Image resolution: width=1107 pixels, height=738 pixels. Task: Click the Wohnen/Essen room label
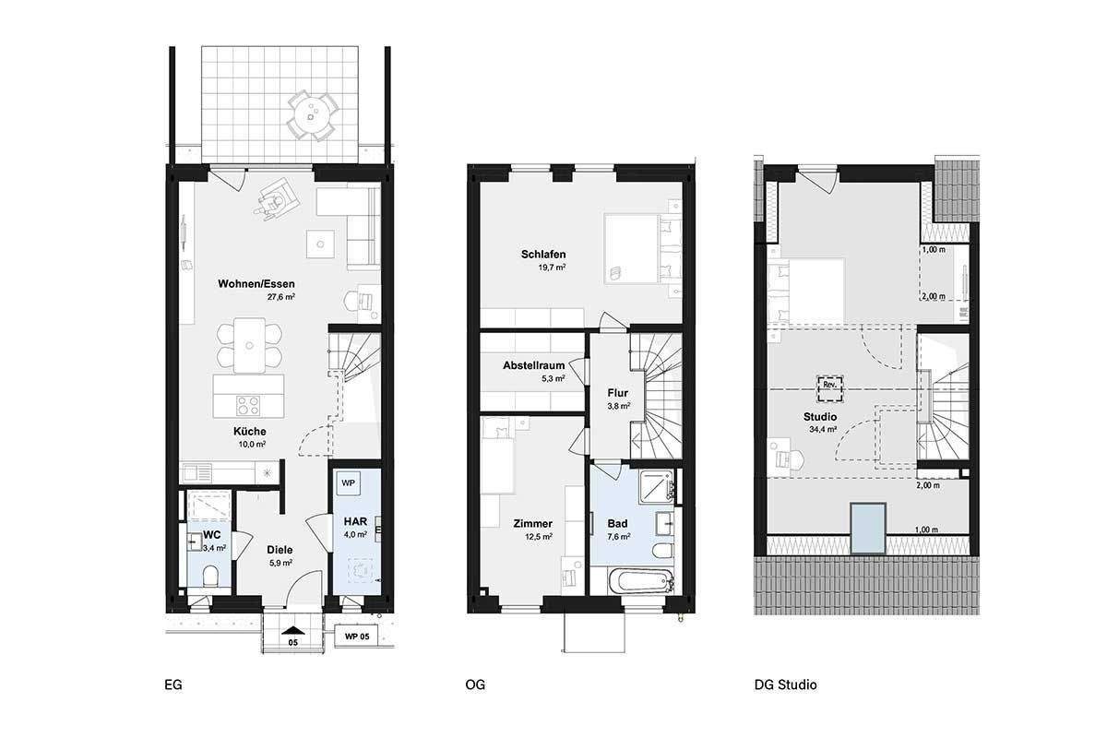(x=256, y=284)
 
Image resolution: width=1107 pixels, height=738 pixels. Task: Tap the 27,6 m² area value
(x=281, y=297)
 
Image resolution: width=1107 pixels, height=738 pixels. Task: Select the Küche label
(x=250, y=431)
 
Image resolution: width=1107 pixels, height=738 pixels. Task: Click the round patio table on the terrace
(x=313, y=116)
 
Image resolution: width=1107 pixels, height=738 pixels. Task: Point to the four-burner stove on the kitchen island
(x=248, y=405)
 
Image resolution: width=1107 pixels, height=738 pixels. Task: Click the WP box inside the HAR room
(x=349, y=483)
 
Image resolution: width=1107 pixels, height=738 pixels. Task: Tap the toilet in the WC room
(x=211, y=576)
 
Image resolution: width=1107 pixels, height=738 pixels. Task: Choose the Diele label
(x=280, y=550)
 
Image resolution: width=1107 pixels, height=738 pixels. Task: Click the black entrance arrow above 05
(x=293, y=630)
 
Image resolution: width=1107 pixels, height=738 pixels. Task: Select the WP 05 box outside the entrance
(x=356, y=637)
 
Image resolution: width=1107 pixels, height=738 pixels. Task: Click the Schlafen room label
(x=543, y=254)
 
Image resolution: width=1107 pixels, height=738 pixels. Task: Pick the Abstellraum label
(x=534, y=365)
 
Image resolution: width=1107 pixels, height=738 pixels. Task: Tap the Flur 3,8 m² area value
(x=618, y=406)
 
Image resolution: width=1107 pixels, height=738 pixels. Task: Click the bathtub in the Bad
(x=641, y=583)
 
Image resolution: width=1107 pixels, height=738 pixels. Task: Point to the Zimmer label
(x=533, y=523)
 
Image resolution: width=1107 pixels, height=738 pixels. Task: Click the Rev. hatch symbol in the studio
(x=829, y=389)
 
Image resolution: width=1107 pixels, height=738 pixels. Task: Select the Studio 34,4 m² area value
(x=823, y=430)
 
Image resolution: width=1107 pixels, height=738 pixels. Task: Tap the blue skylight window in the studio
(x=868, y=529)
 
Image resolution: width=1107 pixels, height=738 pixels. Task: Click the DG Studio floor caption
(x=785, y=684)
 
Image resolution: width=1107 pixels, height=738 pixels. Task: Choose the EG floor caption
(x=173, y=684)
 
